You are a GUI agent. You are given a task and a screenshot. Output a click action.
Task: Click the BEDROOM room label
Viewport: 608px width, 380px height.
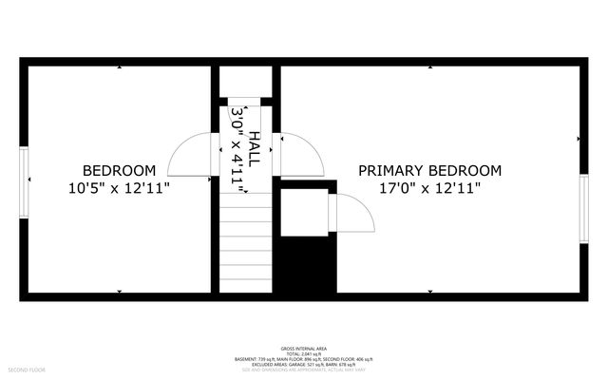coord(118,171)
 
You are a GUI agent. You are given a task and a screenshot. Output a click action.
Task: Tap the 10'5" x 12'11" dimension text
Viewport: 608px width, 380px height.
coord(118,188)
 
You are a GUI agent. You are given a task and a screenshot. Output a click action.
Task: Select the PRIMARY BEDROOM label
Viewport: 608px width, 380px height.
coord(429,171)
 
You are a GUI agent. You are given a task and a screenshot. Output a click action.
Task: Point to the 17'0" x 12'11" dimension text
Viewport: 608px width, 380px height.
coord(429,188)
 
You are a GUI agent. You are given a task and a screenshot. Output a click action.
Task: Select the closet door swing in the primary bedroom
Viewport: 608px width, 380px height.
coord(353,213)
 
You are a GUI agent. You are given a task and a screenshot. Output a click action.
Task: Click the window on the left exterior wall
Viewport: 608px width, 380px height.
coord(25,180)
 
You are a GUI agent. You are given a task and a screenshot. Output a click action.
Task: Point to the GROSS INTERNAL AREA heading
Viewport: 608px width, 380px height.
coord(304,349)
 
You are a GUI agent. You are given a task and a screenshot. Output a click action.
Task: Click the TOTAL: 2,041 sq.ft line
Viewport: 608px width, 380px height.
coord(304,354)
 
